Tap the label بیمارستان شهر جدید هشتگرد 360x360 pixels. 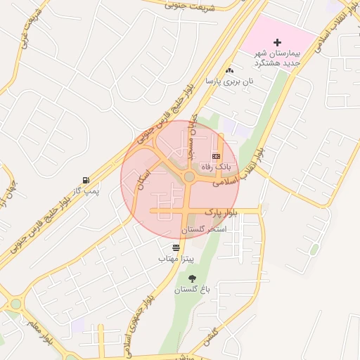coord(276,58)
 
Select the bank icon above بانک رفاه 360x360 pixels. coord(216,155)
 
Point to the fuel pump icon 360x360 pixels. coord(86,180)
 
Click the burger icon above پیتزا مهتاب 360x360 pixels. coord(176,247)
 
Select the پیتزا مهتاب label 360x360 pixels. coord(176,259)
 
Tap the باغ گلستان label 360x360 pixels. coord(193,290)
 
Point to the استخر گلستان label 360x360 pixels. coord(203,230)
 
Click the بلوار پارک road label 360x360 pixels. coord(221,212)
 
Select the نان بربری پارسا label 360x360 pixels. coord(229,82)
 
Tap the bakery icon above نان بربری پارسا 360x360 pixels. coord(229,70)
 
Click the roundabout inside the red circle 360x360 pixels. coord(188,177)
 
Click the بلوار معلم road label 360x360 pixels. coord(42,337)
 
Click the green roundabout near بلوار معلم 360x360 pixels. coord(15,304)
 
